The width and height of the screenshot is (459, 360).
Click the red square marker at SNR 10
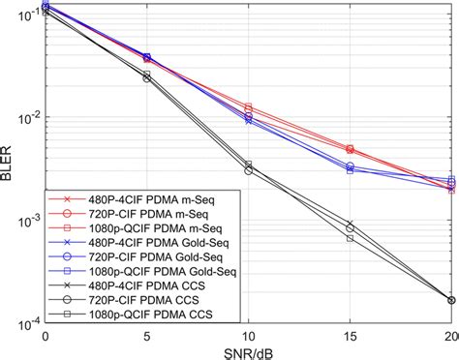249,107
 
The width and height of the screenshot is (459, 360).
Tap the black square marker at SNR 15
351,237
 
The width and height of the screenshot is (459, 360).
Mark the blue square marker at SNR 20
452,180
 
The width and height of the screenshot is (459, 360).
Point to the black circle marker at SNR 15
351,227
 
